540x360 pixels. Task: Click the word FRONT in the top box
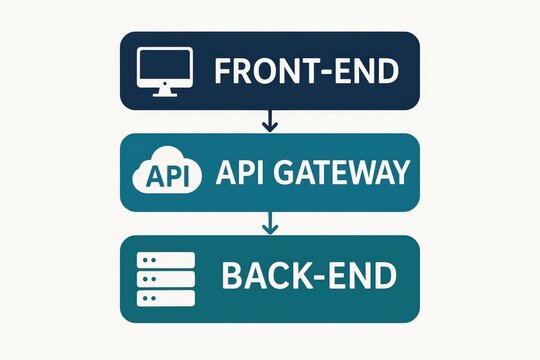(x=261, y=72)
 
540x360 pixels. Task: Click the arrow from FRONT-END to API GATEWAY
(x=268, y=121)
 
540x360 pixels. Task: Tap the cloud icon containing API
(x=162, y=173)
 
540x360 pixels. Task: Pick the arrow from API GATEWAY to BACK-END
(x=268, y=224)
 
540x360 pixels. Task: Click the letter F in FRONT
(x=223, y=72)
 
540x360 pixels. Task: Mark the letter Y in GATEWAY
(x=400, y=173)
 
